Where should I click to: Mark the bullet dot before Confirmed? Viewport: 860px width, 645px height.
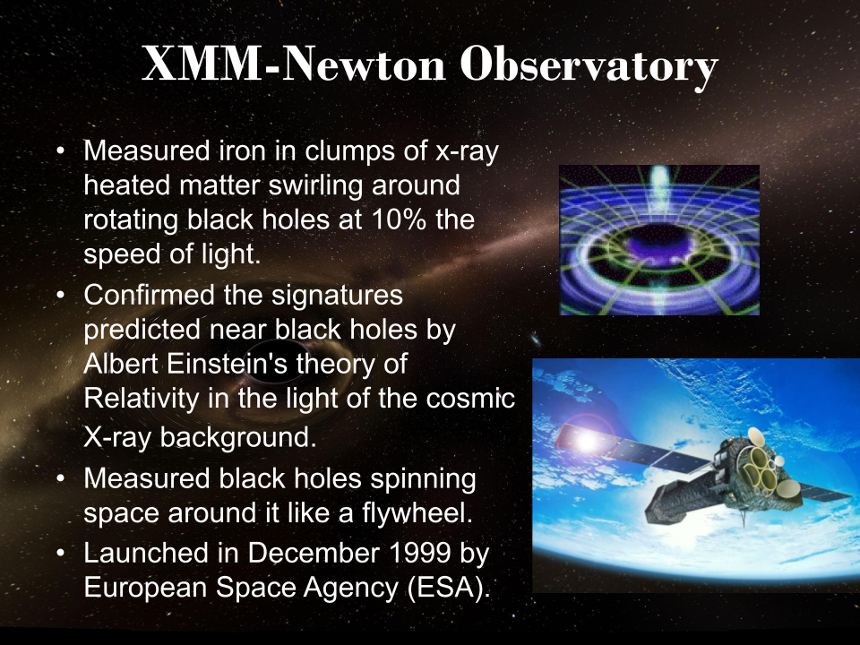pos(60,294)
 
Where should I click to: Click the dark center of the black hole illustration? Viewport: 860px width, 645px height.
pos(658,245)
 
